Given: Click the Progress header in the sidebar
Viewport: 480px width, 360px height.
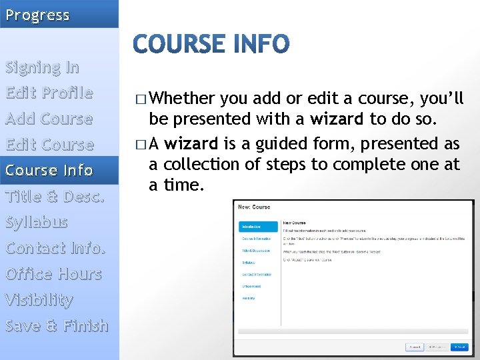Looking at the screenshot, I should (x=37, y=15).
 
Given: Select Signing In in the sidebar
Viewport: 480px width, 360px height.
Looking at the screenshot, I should (x=43, y=67).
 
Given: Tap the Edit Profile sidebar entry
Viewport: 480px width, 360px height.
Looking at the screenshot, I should (x=49, y=93).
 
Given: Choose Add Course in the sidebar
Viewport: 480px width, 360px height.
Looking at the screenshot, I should (x=49, y=119).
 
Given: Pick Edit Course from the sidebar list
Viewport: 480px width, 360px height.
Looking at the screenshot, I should (x=49, y=145).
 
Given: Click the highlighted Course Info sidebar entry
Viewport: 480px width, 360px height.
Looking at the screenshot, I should (x=49, y=171).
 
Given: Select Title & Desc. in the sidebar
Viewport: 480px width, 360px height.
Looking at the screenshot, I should (x=55, y=197).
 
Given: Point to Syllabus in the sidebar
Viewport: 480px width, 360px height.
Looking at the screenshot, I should (x=37, y=222).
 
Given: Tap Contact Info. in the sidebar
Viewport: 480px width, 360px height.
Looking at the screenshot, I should (x=55, y=248).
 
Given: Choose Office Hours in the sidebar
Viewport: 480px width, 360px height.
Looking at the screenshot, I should (x=53, y=274).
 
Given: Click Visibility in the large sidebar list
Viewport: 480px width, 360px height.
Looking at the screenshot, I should (x=39, y=300).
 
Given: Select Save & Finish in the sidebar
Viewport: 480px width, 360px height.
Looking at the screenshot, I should (x=57, y=326).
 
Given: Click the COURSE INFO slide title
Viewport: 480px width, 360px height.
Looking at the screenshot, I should (x=211, y=45).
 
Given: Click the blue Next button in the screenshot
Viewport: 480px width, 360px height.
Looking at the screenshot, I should (x=459, y=347).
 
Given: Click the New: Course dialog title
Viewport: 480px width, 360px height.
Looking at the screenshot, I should (x=254, y=207).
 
